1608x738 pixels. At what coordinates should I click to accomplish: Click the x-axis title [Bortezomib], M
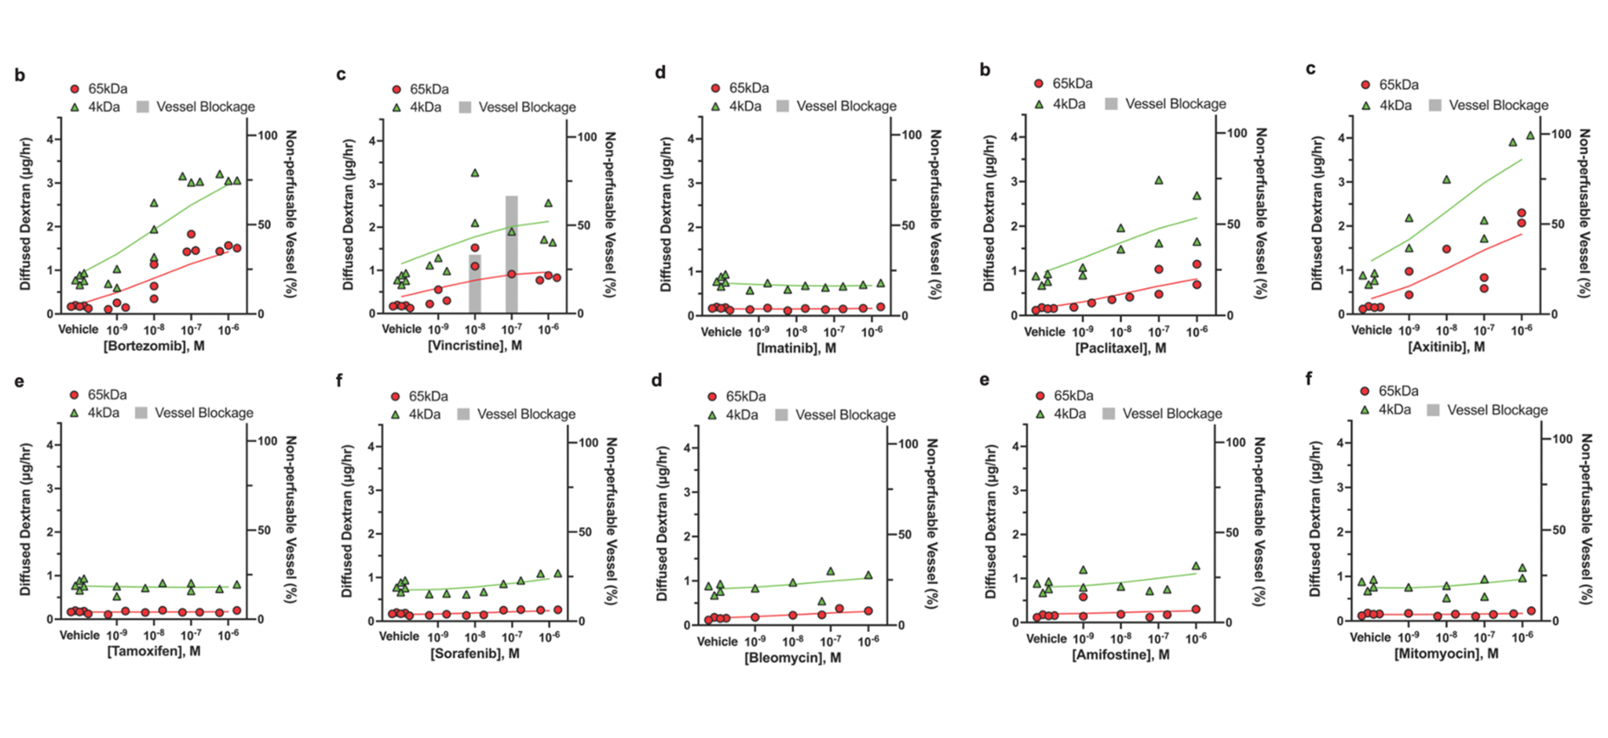tap(154, 345)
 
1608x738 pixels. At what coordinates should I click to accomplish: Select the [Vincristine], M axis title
tap(475, 345)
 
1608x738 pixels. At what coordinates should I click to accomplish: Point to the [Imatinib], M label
tap(796, 348)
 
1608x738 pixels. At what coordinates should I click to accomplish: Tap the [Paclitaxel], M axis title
tap(1120, 348)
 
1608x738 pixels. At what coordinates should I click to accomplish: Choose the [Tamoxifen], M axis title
tap(154, 651)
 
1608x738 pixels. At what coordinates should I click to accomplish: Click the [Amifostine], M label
tap(1120, 654)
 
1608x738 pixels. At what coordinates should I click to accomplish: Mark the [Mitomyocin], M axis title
tap(1446, 653)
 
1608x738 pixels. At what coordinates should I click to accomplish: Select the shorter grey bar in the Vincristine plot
tap(475, 283)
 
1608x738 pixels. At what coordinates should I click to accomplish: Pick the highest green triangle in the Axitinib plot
tap(1529, 136)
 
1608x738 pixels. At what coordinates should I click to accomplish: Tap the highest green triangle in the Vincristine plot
tap(475, 173)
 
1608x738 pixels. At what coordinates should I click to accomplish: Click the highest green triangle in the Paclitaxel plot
tap(1159, 181)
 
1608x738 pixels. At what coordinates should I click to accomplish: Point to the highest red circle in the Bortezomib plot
tap(191, 234)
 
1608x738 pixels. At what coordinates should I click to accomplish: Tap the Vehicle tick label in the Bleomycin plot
tap(718, 641)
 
